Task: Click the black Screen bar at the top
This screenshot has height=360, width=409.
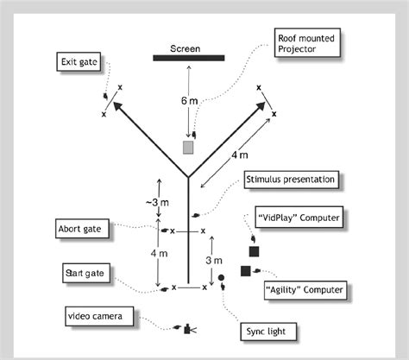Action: [189, 59]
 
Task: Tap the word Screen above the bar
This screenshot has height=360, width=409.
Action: [186, 48]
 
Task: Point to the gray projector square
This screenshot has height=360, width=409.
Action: [189, 147]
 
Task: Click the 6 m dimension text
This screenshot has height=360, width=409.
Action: [189, 101]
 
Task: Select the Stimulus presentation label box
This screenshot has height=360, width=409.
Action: [289, 180]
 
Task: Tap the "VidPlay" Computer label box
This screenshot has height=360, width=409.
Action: [299, 218]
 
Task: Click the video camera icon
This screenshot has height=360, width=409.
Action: [188, 329]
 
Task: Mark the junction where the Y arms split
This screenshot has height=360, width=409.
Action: [188, 179]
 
